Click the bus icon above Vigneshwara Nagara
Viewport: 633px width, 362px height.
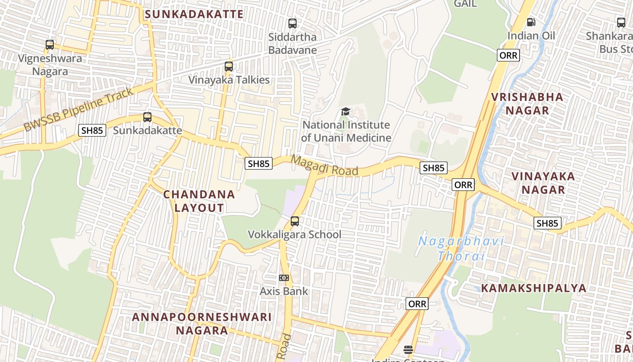click(x=50, y=45)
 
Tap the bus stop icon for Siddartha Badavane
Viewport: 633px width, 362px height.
click(x=293, y=23)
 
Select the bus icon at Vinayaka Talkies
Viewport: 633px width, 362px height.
click(x=229, y=67)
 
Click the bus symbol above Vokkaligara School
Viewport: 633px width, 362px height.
click(x=295, y=221)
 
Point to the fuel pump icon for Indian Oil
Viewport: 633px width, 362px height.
click(x=531, y=22)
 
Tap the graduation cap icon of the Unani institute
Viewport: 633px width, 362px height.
click(x=346, y=111)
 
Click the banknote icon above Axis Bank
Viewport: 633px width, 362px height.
click(x=284, y=277)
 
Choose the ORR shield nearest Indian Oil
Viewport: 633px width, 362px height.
click(x=508, y=55)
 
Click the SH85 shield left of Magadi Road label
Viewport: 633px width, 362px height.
click(x=259, y=163)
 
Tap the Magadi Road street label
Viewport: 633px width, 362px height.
click(x=325, y=166)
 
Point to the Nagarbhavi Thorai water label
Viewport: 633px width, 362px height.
click(x=461, y=248)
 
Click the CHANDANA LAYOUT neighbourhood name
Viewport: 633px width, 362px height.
click(x=199, y=201)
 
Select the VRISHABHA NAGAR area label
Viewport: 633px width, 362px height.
click(x=527, y=103)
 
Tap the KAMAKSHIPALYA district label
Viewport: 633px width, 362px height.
click(x=534, y=288)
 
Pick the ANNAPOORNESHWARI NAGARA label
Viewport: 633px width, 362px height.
click(x=202, y=323)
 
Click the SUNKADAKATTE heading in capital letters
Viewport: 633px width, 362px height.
click(x=194, y=14)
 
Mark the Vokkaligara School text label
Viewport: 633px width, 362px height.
click(x=294, y=234)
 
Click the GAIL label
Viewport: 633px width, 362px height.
click(x=465, y=4)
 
